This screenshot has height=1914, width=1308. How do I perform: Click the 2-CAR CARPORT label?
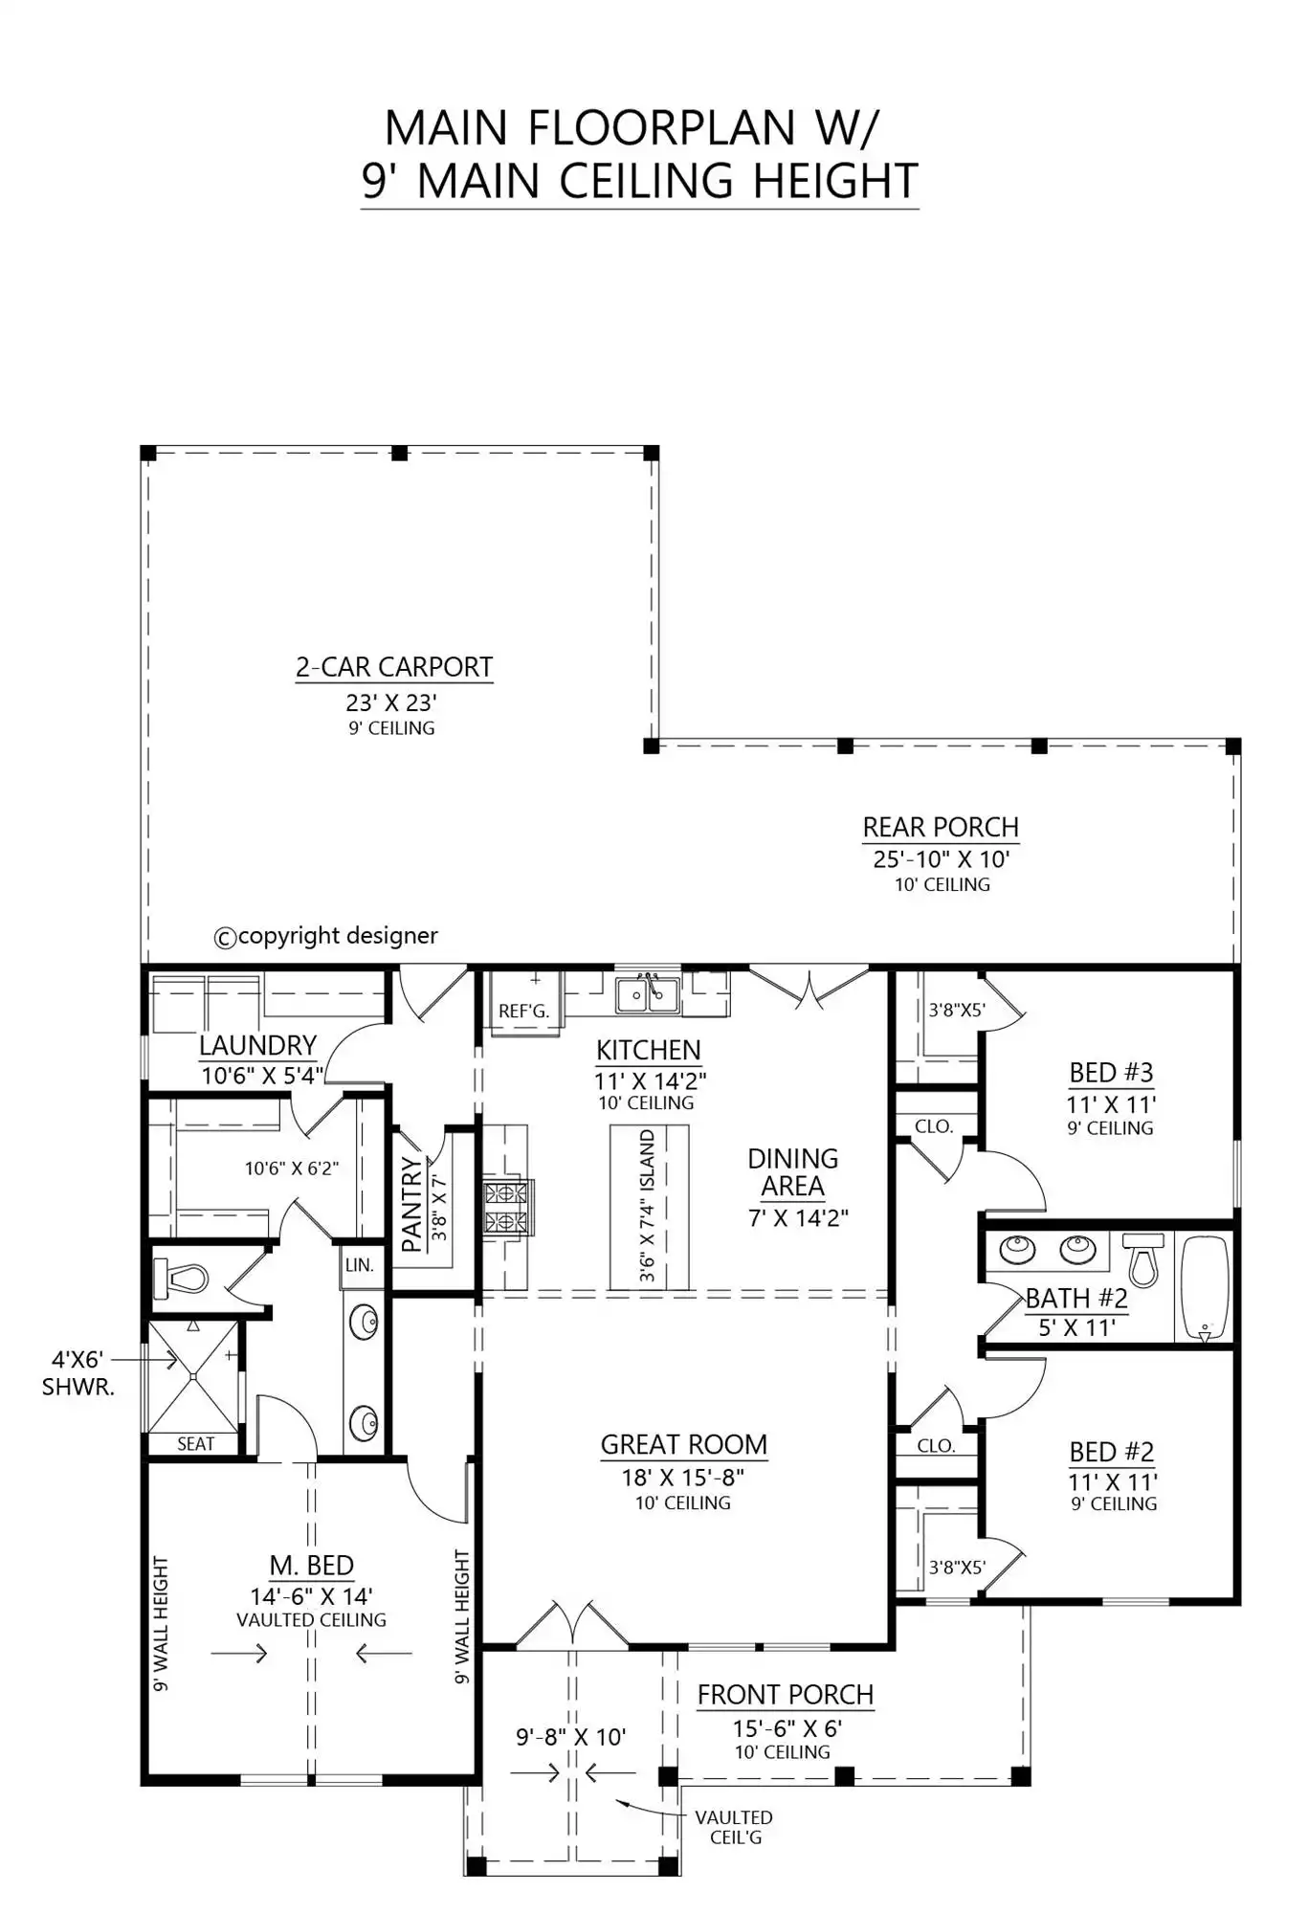tap(394, 667)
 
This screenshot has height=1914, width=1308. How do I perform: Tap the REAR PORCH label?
tap(941, 827)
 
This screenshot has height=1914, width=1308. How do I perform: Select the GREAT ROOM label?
tap(684, 1444)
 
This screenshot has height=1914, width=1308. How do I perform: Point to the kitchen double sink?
tap(648, 994)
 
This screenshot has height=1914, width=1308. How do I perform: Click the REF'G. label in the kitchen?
tap(523, 1012)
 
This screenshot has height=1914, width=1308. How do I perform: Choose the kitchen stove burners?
tap(505, 1207)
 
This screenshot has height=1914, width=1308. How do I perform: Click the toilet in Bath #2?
tap(1142, 1258)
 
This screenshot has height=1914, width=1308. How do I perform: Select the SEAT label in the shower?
tap(195, 1444)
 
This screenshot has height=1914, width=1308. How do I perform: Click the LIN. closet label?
tap(359, 1264)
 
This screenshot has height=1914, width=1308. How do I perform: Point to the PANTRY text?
tap(411, 1204)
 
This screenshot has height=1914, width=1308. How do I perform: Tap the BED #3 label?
tap(1111, 1072)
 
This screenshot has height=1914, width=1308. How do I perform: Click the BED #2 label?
tap(1112, 1452)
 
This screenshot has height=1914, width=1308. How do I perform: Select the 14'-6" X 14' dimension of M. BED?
tap(311, 1595)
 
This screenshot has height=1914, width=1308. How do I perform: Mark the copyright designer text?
tap(325, 935)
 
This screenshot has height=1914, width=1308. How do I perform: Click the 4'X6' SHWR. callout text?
tap(78, 1373)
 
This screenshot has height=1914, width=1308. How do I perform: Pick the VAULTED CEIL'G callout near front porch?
tap(734, 1827)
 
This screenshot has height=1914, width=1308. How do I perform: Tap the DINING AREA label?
tap(792, 1172)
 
